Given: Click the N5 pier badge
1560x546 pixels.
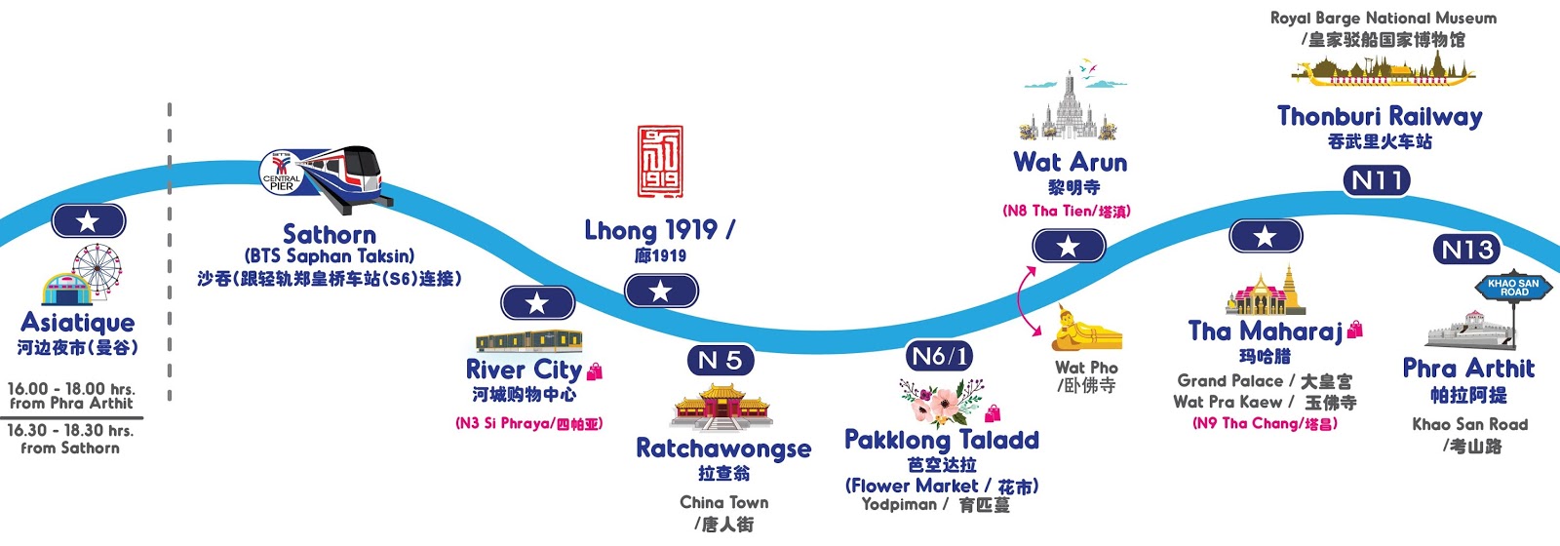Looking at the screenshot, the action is pyautogui.click(x=721, y=361).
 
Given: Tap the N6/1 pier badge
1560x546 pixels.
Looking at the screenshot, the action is pyautogui.click(x=939, y=357).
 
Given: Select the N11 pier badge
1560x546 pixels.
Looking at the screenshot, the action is pyautogui.click(x=1376, y=180).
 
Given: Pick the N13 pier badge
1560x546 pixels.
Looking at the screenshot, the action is pyautogui.click(x=1467, y=250).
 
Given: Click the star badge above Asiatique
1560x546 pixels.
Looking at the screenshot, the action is pyautogui.click(x=88, y=221).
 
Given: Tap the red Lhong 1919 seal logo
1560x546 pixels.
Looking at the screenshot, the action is pyautogui.click(x=660, y=161).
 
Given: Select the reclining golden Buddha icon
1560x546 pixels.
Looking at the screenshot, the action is pyautogui.click(x=1084, y=330).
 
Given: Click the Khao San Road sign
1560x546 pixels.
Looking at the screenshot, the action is pyautogui.click(x=1513, y=288).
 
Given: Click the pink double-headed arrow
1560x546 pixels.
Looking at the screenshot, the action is pyautogui.click(x=1027, y=301).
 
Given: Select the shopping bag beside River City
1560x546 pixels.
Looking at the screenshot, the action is pyautogui.click(x=595, y=371).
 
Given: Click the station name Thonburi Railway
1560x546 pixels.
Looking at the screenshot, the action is pyautogui.click(x=1380, y=117).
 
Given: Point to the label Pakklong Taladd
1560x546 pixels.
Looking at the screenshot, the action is pyautogui.click(x=941, y=440).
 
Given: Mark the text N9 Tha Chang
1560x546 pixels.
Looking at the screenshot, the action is pyautogui.click(x=1265, y=423).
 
